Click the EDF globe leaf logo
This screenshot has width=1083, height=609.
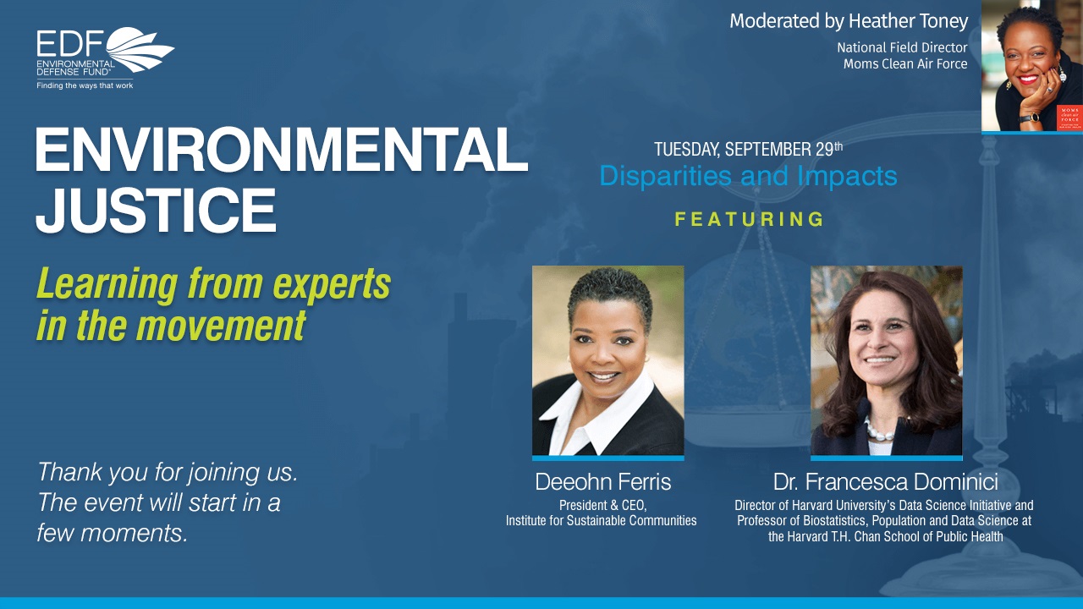coord(140,49)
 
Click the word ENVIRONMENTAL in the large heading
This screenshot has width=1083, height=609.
coord(281,150)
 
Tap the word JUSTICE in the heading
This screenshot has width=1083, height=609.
coord(156,211)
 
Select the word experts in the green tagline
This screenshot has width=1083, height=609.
coord(332,284)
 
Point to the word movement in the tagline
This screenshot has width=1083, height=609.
coord(221,326)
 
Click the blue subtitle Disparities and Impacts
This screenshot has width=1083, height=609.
coord(748,176)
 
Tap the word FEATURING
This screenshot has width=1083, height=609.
coord(749,219)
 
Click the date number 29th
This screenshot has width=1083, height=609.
coord(830,149)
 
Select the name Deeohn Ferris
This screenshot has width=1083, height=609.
coord(603,482)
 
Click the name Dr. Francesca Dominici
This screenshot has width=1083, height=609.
coord(885,482)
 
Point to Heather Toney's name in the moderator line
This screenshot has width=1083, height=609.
coord(909,21)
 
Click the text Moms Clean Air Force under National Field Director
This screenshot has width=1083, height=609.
coord(905,63)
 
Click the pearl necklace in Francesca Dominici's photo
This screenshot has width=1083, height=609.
coord(879,431)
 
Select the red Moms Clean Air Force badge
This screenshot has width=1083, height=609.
coord(1069,118)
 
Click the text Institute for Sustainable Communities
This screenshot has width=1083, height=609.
coord(601,520)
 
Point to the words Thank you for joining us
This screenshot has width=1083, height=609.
coord(168,472)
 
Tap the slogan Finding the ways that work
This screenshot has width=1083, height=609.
coord(85,85)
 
